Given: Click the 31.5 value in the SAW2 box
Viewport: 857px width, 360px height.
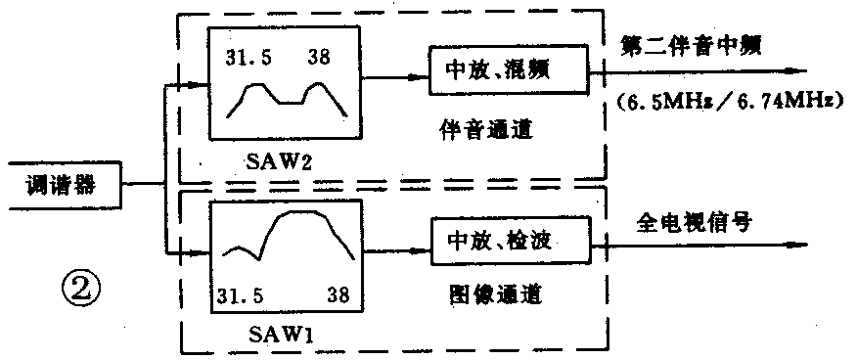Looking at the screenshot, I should (x=248, y=56).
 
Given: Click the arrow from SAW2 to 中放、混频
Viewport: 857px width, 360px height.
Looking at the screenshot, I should (x=397, y=73).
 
